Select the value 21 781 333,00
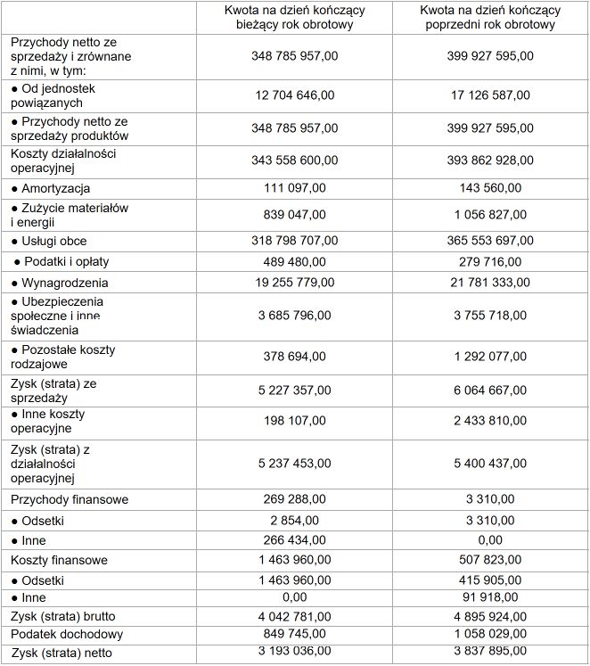point(492,282)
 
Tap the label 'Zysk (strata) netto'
point(62,653)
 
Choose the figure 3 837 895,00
point(492,653)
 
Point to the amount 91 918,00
point(492,597)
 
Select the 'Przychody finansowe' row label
point(70,500)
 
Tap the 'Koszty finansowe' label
point(60,560)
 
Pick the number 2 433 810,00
point(492,420)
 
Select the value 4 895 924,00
point(492,616)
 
